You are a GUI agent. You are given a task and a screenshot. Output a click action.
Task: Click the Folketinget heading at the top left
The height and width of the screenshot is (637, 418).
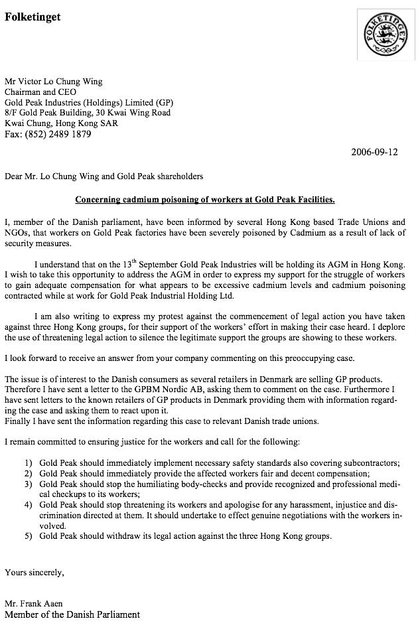(33, 17)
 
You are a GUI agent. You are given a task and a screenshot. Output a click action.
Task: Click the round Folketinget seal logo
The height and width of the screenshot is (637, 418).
(376, 35)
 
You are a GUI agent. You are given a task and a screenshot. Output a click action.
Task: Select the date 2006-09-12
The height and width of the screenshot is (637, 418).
(374, 152)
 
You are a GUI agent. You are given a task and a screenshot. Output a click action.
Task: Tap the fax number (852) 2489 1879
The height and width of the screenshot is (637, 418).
(48, 134)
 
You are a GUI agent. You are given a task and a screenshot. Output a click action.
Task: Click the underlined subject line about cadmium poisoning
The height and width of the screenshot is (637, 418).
(205, 199)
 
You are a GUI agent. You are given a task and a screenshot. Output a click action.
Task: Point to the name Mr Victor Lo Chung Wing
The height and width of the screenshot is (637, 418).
(54, 82)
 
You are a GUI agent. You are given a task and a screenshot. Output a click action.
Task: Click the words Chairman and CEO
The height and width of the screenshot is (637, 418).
(40, 92)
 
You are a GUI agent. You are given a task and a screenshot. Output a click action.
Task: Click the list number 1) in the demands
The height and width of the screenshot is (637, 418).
(28, 462)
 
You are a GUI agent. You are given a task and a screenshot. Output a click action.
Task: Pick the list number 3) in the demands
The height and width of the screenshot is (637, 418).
(28, 484)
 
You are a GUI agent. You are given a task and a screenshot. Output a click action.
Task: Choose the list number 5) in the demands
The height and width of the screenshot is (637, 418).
(28, 535)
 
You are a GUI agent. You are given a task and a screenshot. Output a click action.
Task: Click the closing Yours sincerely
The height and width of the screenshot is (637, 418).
(35, 571)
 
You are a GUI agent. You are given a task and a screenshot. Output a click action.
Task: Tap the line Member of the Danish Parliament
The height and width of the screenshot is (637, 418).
(72, 614)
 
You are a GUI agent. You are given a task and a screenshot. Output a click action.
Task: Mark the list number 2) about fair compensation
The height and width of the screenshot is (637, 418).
(28, 473)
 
